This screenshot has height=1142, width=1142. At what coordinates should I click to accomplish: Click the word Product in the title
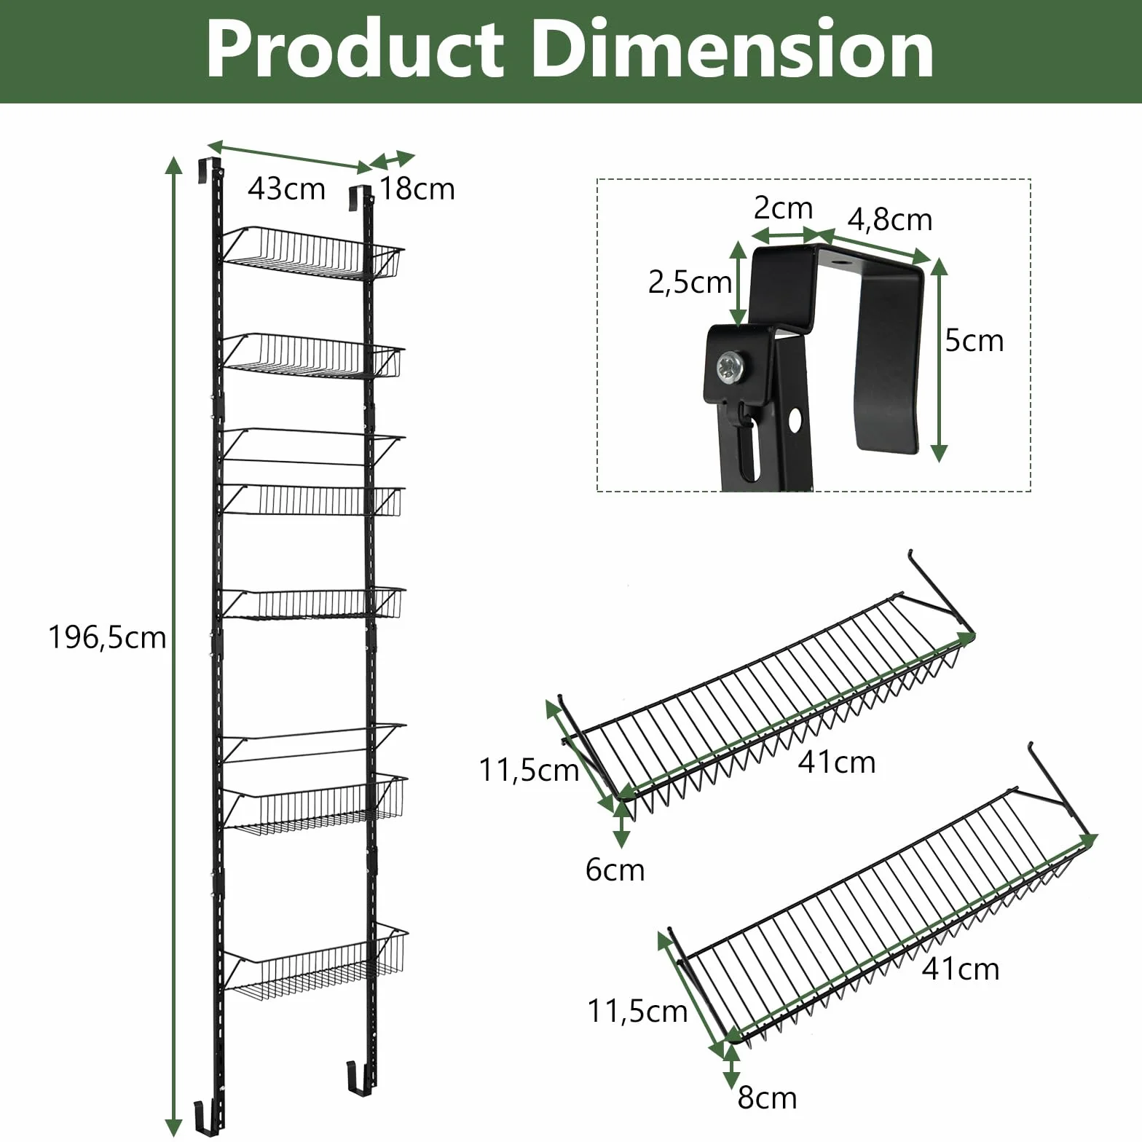point(355,50)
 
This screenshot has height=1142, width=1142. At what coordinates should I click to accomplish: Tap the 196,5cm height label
point(107,637)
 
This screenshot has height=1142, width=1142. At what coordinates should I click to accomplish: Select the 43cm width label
point(286,189)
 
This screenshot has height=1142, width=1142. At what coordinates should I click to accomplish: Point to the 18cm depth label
point(417,189)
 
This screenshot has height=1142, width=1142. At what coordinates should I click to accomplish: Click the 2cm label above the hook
point(783,208)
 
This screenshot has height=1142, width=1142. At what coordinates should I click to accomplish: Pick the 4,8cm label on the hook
point(889,220)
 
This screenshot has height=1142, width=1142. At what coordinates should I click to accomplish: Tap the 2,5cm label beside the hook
point(690,283)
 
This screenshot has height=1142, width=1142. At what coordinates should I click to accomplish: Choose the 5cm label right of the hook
point(974,340)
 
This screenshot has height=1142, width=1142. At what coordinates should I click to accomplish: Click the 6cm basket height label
point(615,870)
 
